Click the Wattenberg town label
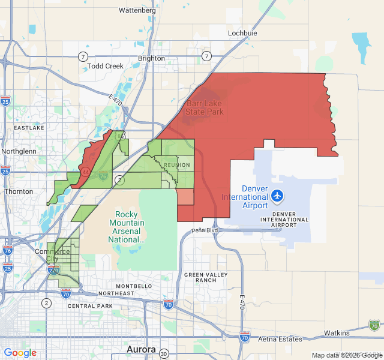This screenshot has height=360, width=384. pyautogui.click(x=137, y=10)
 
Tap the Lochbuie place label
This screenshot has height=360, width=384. pyautogui.click(x=242, y=34)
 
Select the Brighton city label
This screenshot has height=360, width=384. pyautogui.click(x=151, y=58)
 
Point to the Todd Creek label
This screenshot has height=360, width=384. pyautogui.click(x=105, y=66)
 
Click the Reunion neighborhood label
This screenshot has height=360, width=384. pyautogui.click(x=176, y=165)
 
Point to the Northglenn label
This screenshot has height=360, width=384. pyautogui.click(x=19, y=151)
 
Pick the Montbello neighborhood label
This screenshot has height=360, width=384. pyautogui.click(x=133, y=286)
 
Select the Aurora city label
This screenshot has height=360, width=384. pyautogui.click(x=142, y=349)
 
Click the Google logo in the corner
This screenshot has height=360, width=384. pyautogui.click(x=20, y=353)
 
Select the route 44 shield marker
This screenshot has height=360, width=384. pyautogui.click(x=86, y=172)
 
